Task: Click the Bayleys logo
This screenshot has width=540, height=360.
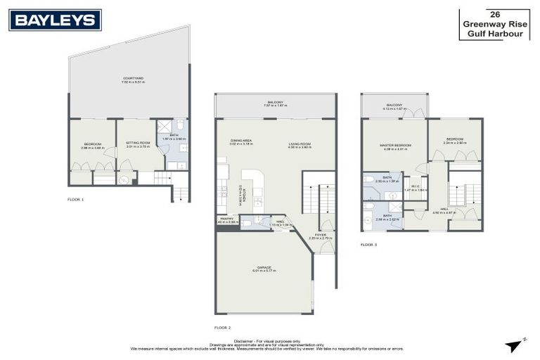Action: (55, 20)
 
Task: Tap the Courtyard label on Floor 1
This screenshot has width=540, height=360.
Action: (129, 79)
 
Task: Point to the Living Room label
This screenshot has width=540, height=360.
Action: (300, 145)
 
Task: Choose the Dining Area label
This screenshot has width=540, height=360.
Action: (241, 141)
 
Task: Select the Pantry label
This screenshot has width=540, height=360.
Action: (226, 220)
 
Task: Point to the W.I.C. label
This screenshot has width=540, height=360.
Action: (415, 188)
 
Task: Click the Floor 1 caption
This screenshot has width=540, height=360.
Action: (75, 200)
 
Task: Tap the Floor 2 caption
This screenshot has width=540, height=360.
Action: (222, 328)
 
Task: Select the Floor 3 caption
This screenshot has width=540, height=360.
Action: (368, 245)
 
